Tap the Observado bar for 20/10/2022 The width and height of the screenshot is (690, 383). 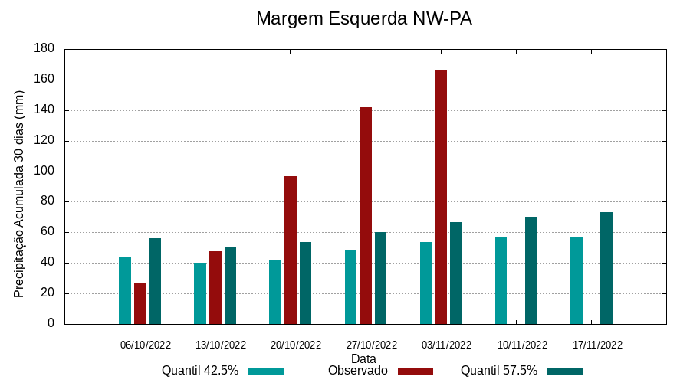coord(291,250)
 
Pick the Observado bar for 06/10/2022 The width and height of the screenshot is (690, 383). coord(140,303)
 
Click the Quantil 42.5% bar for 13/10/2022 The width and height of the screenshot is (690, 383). coord(200,293)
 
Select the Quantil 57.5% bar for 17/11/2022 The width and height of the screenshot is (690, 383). coord(606,268)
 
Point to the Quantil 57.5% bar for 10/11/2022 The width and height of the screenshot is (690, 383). coord(531,270)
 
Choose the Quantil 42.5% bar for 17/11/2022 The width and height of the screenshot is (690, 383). coord(577,280)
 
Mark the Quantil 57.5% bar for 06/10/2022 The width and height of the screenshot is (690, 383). coord(155,281)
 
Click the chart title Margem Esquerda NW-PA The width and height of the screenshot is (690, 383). coord(363,18)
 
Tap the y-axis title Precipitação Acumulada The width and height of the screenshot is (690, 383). coord(20,194)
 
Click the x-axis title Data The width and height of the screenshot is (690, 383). coord(363,358)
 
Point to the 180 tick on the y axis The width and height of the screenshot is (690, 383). coord(44,49)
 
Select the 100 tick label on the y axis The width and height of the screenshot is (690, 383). coord(44,172)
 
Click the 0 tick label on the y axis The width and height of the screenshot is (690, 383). coord(51,324)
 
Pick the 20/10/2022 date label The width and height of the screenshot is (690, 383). coord(296,345)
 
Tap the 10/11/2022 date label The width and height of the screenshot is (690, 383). coord(522,345)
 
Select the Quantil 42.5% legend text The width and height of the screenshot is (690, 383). coord(200,371)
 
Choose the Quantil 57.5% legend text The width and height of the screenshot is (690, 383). coord(499,371)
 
